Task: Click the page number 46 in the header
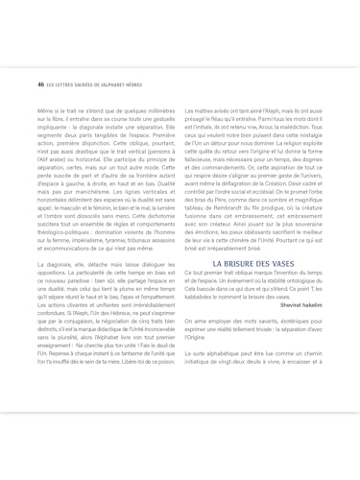point(27,84)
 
